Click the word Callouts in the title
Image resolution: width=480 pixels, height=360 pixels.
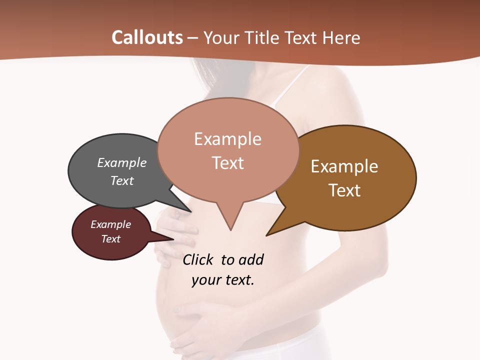coord(147,37)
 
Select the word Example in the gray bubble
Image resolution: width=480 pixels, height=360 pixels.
coord(122,162)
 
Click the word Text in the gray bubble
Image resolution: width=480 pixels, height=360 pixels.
coord(122,180)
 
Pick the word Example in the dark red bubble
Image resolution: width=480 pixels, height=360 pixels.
coord(110,224)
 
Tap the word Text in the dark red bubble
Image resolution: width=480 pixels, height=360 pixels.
coord(110,239)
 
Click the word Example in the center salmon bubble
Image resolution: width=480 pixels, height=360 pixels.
coord(227,139)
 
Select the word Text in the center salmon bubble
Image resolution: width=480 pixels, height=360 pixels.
coord(227,163)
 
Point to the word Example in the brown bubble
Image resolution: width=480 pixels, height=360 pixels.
coord(344,166)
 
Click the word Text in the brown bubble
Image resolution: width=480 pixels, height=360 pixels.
coord(344,190)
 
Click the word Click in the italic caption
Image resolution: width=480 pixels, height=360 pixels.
coord(198,259)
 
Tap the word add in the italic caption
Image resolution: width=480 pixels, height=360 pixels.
coord(251,259)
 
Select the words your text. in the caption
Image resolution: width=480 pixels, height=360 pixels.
coord(222,280)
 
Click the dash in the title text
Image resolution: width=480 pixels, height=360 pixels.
coord(193,38)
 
